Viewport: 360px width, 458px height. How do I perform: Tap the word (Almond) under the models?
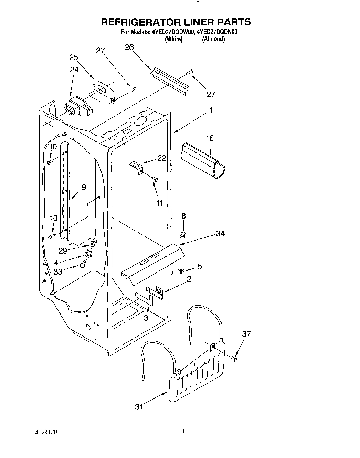(213, 39)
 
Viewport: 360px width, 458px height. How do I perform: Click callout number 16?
(210, 138)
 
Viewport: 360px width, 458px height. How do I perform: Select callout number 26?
(129, 47)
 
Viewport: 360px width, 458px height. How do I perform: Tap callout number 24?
(74, 70)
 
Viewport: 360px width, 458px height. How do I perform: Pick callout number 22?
(161, 158)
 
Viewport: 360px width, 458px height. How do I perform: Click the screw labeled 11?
(156, 179)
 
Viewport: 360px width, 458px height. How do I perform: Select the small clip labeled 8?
(183, 234)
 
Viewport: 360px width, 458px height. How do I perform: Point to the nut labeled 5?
(180, 271)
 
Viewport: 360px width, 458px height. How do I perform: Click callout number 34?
(220, 233)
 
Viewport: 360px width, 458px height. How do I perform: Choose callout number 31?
(139, 407)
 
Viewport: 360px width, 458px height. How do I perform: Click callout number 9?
(84, 188)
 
